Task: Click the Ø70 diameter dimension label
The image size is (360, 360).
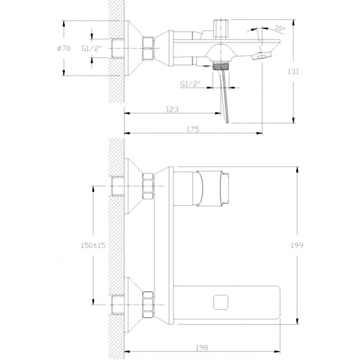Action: click(x=64, y=48)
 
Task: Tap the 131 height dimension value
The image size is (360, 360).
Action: click(x=293, y=71)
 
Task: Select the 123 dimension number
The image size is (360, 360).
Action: click(x=172, y=109)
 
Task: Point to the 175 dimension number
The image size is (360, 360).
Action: click(x=193, y=129)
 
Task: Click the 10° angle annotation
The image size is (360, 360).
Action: click(x=279, y=28)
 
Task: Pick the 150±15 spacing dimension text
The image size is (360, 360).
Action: click(x=93, y=245)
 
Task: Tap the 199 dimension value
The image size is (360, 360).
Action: click(x=297, y=245)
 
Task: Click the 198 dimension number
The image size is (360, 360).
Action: click(x=202, y=348)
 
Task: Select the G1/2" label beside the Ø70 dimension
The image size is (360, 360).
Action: click(x=92, y=48)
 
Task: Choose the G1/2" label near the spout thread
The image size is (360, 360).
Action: click(x=190, y=83)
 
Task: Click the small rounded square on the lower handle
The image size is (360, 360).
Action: click(x=221, y=302)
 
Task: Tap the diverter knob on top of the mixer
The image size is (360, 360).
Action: click(x=221, y=28)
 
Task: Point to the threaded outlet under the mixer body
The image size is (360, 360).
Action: click(x=221, y=65)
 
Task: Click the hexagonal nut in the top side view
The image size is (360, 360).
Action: click(x=148, y=48)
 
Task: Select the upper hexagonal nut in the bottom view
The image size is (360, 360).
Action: click(x=148, y=186)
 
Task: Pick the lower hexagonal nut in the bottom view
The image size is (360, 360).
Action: click(x=148, y=304)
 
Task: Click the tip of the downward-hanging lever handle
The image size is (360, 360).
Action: click(x=227, y=122)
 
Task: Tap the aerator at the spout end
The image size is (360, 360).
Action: click(x=262, y=56)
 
